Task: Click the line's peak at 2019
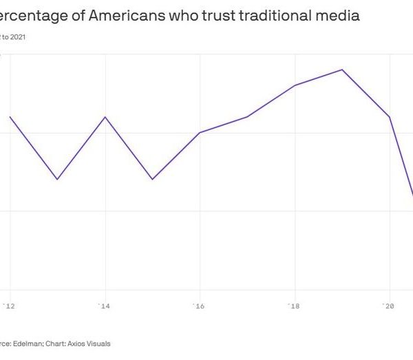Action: point(342,70)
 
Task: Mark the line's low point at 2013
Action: point(57,179)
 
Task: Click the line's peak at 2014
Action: point(105,117)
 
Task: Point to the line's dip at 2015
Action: point(152,179)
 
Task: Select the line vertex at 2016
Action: point(200,132)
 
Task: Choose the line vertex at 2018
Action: point(295,85)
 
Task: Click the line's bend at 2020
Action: point(390,117)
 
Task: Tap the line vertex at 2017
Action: point(247,117)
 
